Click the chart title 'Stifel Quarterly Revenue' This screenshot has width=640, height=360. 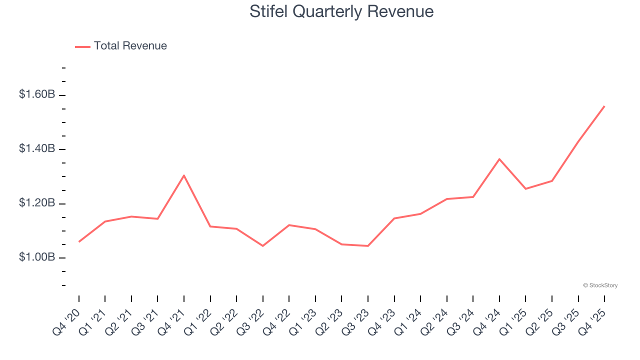point(341,11)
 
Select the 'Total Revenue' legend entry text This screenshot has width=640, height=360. point(130,46)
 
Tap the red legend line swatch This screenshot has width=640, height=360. point(82,46)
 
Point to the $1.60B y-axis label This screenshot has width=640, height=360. point(37,94)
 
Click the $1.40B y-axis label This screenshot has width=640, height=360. point(37,148)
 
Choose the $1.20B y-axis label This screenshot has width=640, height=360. point(37,203)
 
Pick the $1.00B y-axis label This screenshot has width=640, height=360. point(37,257)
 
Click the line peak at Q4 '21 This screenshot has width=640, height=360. point(184,175)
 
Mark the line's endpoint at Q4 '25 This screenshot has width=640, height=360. point(604,106)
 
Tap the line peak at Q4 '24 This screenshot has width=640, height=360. point(499,159)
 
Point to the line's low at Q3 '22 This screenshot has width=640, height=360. point(263,246)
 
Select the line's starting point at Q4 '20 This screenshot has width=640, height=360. point(79,241)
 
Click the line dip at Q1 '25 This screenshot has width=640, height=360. point(525,188)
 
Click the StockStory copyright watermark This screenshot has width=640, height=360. point(600,285)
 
